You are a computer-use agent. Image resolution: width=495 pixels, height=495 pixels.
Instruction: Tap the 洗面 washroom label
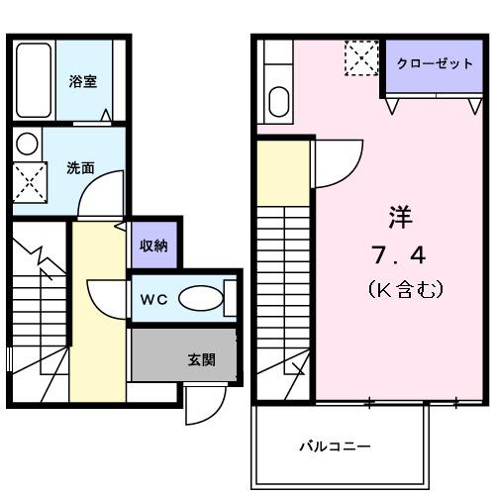click(x=81, y=167)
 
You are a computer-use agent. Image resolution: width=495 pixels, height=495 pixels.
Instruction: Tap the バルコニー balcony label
click(x=337, y=446)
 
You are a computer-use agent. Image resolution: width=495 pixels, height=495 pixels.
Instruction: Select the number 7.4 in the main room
click(x=399, y=256)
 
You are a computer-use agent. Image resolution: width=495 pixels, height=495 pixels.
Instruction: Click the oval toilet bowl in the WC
click(x=204, y=298)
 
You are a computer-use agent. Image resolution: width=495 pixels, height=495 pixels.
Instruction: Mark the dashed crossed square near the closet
click(x=360, y=56)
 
